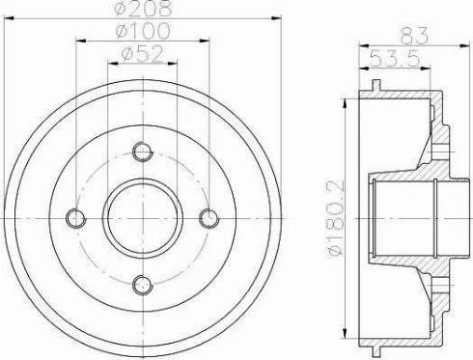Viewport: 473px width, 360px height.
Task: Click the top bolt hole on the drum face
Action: coord(142,152)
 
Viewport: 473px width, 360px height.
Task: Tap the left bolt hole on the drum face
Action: coord(76,217)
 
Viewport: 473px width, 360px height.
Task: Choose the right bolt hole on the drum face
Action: coord(208,217)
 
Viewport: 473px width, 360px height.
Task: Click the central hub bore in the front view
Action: coord(142,217)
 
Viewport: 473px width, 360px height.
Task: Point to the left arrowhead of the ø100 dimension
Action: coord(78,43)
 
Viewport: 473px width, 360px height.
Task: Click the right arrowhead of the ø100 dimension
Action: coord(206,43)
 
